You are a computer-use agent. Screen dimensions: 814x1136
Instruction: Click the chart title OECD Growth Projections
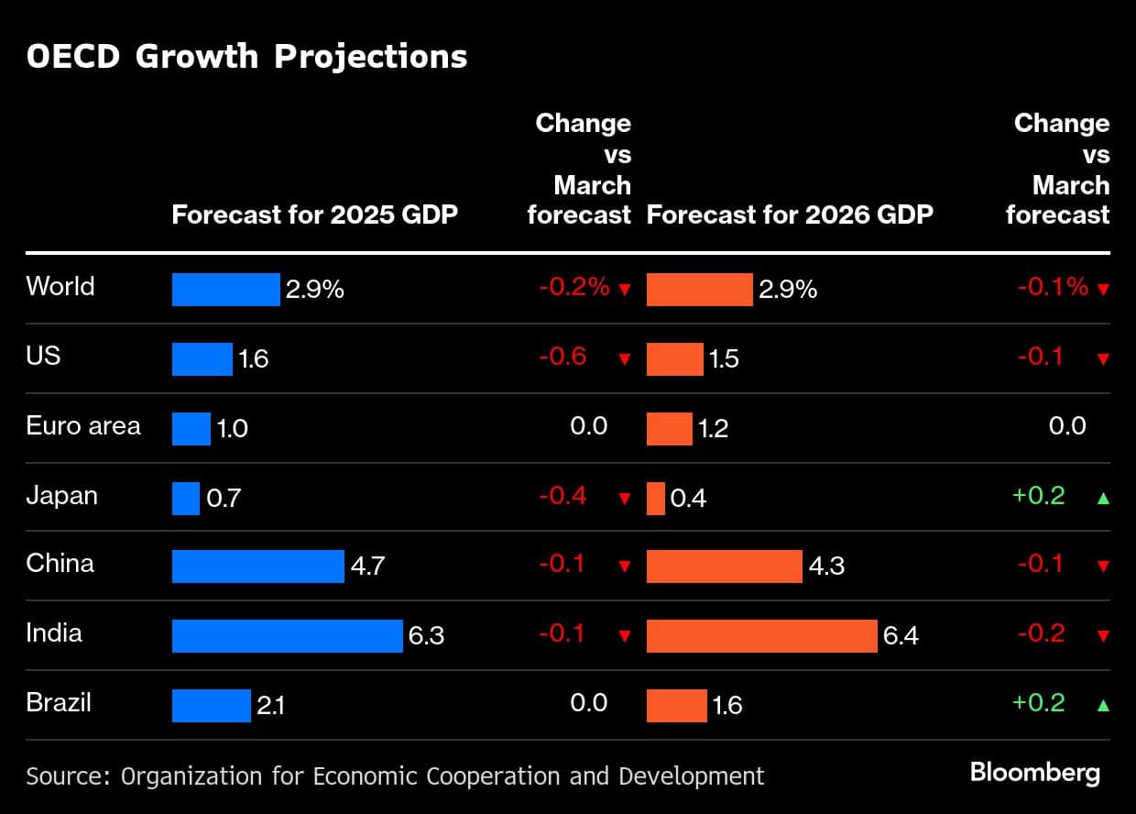[x=246, y=56]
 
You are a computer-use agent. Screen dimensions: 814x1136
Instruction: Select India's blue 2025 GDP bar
[x=287, y=635]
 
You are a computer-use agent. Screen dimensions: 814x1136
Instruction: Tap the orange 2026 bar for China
[x=724, y=566]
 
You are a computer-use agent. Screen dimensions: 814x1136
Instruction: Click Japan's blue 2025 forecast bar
[x=185, y=498]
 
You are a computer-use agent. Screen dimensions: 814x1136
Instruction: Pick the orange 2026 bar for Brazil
[x=676, y=705]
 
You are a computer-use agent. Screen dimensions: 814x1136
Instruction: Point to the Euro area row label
[x=83, y=426]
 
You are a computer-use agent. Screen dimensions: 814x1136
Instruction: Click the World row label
[x=60, y=287]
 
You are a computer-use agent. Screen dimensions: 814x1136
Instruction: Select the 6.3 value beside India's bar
[x=426, y=635]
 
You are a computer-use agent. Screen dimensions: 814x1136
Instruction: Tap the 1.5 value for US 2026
[x=724, y=358]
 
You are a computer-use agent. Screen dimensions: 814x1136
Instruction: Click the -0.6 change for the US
[x=563, y=357]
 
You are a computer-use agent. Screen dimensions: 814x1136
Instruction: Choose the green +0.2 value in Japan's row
[x=1039, y=496]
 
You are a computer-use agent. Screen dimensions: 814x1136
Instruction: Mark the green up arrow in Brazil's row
[x=1103, y=705]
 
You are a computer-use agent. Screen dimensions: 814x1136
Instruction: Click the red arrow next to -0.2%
[x=625, y=290]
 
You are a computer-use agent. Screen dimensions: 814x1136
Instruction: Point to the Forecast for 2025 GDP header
[x=315, y=215]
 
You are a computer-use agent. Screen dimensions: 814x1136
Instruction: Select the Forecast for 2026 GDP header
[x=790, y=215]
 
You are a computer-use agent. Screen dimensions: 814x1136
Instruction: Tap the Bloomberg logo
[x=1035, y=773]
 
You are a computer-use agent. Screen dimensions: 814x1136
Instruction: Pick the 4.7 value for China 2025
[x=367, y=566]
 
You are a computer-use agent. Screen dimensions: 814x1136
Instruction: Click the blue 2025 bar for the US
[x=202, y=358]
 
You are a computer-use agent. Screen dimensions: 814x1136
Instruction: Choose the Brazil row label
[x=59, y=703]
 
